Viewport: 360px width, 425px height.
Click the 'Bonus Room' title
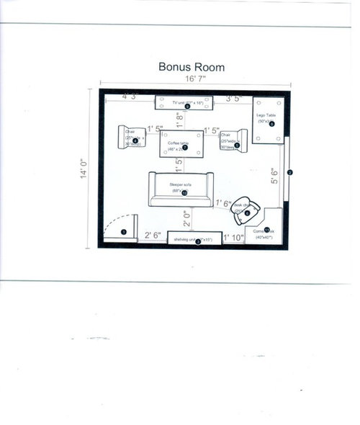pyautogui.click(x=192, y=67)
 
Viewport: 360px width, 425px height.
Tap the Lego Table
pyautogui.click(x=269, y=122)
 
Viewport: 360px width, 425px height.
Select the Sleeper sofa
pyautogui.click(x=183, y=190)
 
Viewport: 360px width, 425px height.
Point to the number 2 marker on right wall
pyautogui.click(x=289, y=172)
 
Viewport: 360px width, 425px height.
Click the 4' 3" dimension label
pyautogui.click(x=130, y=96)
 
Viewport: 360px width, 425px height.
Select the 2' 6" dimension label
pyautogui.click(x=152, y=235)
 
